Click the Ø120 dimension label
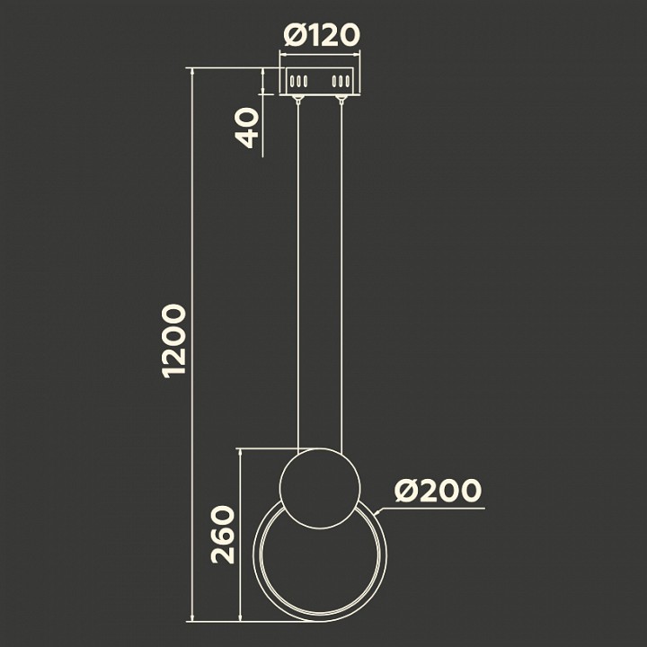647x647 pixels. pyautogui.click(x=322, y=35)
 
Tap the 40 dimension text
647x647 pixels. pyautogui.click(x=247, y=128)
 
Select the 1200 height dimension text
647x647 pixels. pyautogui.click(x=173, y=341)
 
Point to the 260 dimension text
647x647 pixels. pyautogui.click(x=223, y=535)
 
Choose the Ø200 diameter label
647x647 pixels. pyautogui.click(x=438, y=491)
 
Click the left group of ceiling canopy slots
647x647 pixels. pyautogui.click(x=298, y=82)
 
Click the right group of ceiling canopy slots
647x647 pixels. pyautogui.click(x=341, y=82)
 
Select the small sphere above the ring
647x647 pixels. pyautogui.click(x=320, y=488)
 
